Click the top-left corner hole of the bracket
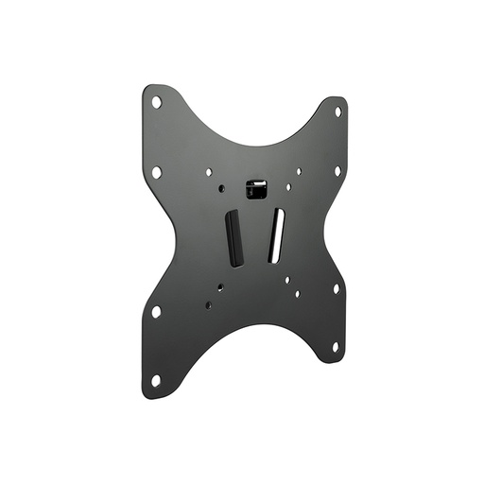tap(157, 101)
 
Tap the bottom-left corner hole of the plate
tap(156, 380)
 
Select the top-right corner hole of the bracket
tap(337, 111)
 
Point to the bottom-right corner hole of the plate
tap(335, 347)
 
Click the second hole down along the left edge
tap(156, 172)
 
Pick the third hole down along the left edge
tap(156, 310)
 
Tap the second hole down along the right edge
tap(337, 171)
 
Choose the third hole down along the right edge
tap(335, 288)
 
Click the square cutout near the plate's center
tap(253, 189)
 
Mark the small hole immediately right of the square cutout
tap(287, 186)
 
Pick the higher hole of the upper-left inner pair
tap(210, 172)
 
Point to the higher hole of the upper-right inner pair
tap(300, 171)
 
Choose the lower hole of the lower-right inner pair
tap(298, 294)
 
